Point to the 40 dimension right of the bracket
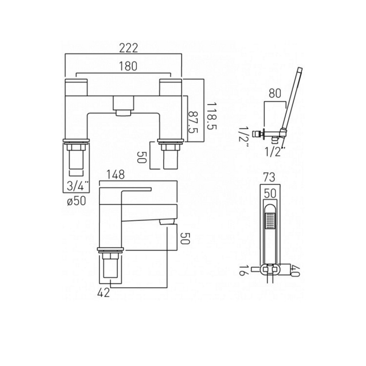point(295,271)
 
